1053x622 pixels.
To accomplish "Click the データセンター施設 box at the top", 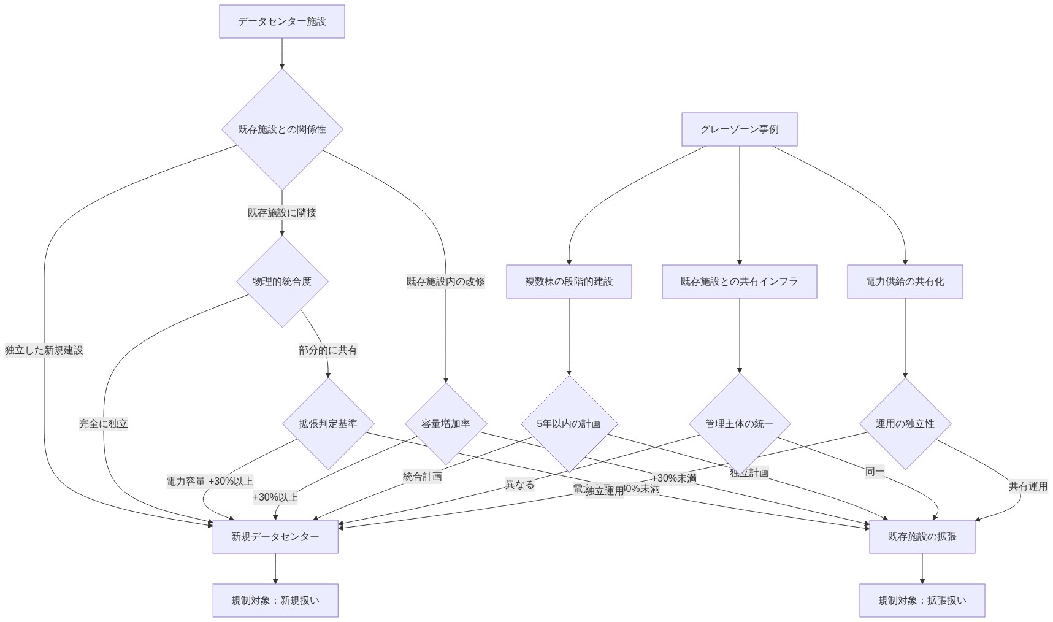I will pos(282,21).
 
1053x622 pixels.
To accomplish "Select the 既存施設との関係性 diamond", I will pos(282,129).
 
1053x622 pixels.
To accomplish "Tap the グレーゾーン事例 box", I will pos(739,129).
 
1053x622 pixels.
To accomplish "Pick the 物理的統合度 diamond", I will pos(282,282).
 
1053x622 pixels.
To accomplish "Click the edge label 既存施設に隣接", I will pos(282,213).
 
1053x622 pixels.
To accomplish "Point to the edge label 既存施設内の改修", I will pos(446,282).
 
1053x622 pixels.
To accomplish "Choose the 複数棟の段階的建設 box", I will pos(569,282).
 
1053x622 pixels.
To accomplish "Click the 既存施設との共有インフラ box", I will pos(739,282).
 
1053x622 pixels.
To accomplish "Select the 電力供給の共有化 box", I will pos(905,282).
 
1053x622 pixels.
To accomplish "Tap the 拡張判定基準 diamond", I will pos(328,424).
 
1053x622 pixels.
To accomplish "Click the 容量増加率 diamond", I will pos(446,424).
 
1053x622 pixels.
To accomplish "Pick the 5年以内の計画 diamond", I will pos(569,424).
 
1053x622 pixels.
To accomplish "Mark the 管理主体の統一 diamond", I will pos(739,424).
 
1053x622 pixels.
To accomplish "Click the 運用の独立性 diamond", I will pos(905,424).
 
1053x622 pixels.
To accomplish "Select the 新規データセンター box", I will pos(275,537).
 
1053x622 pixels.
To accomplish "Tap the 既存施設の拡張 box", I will pos(922,537).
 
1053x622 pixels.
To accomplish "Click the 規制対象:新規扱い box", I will pos(275,601).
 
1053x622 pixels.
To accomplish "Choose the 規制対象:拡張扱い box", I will pos(922,601).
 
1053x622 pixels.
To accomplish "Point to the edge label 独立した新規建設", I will pos(44,350).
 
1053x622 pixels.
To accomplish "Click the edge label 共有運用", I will pos(1028,486).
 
